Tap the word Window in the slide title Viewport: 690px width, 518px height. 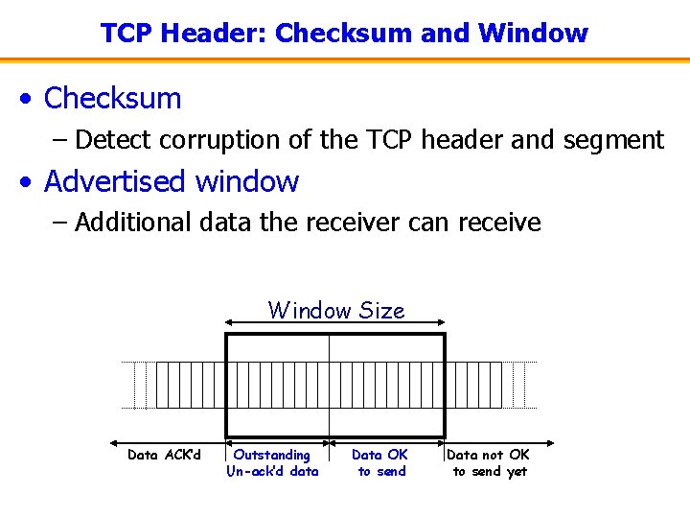coord(533,34)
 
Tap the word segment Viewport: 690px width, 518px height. coord(614,140)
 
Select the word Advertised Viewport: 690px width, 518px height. coord(119,181)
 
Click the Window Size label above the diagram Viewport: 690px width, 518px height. coord(336,310)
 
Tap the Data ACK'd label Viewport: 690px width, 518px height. coord(164,455)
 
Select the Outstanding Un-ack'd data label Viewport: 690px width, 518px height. coord(272,462)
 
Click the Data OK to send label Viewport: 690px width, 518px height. coord(379,462)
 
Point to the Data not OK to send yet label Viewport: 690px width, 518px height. coord(489,462)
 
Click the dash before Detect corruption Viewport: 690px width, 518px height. coord(60,140)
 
